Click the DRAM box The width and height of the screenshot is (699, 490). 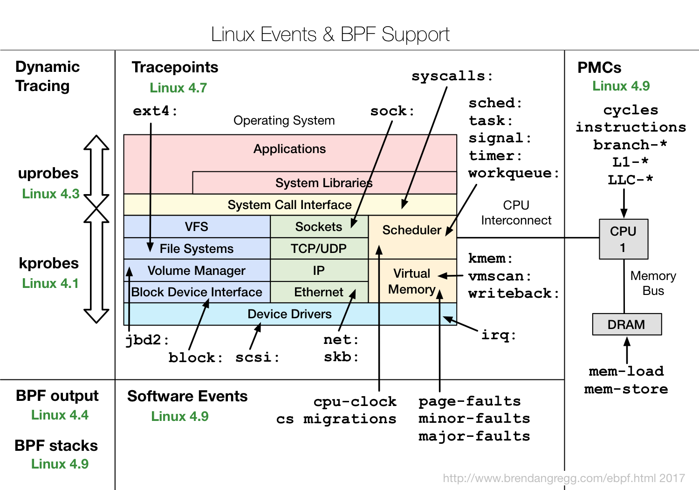pos(626,324)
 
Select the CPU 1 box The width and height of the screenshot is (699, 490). pos(623,239)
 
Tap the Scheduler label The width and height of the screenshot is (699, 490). pos(411,230)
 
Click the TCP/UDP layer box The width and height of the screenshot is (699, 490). pos(319,249)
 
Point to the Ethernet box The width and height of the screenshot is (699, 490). pos(319,292)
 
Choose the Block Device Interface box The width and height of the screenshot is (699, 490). pos(197,292)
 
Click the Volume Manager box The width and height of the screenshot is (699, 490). pos(197,271)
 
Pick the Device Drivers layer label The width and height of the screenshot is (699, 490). pos(289,314)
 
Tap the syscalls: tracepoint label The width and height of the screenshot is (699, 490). pos(452,76)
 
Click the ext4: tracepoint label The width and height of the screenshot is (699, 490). pos(155,111)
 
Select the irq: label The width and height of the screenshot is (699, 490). pos(499,335)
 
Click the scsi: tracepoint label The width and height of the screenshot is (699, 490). pos(257,357)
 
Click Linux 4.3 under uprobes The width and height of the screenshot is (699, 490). pos(51,194)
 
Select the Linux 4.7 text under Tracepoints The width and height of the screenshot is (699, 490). pos(178,88)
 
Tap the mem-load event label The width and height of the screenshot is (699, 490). pos(626,371)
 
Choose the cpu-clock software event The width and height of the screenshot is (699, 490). pos(355,402)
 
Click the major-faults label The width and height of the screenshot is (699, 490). pos(474,436)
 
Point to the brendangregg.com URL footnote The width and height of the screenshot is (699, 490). pos(563,478)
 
